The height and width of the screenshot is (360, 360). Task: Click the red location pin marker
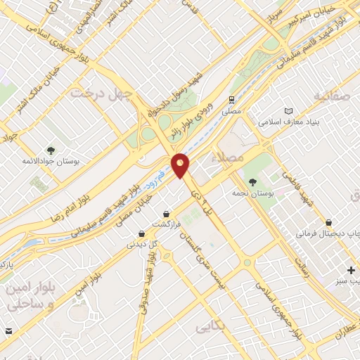click(180, 165)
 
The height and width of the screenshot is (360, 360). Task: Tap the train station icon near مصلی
click(231, 100)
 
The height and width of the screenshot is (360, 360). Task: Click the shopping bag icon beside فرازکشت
click(166, 212)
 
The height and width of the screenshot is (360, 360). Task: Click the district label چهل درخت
click(96, 94)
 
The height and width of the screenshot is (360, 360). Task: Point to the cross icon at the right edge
click(351, 270)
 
